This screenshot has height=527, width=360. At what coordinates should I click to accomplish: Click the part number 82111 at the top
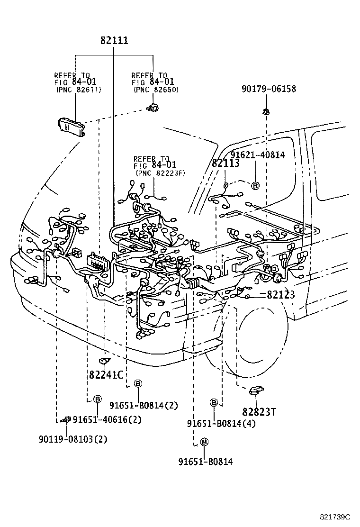(114, 41)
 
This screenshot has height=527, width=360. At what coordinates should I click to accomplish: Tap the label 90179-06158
(268, 89)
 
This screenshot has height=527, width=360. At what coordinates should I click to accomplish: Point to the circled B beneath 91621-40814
(255, 186)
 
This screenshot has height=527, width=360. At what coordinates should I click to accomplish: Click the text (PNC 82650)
(156, 89)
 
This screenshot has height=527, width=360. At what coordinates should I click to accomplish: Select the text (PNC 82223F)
(160, 173)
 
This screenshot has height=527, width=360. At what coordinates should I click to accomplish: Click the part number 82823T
(259, 412)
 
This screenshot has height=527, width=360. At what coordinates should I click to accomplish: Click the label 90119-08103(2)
(73, 439)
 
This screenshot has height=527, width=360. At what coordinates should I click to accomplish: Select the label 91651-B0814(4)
(221, 423)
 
